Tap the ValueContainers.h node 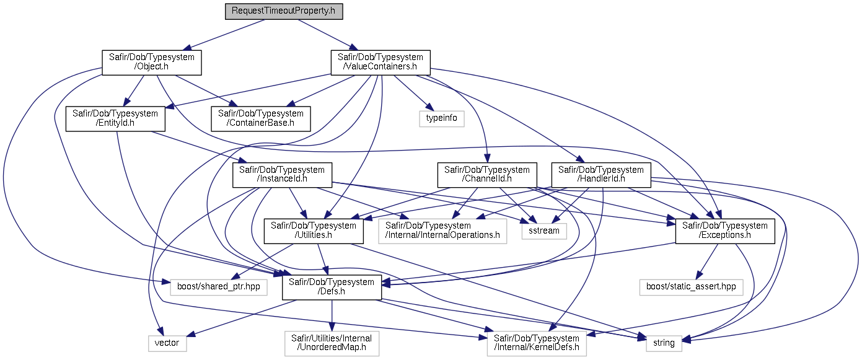coord(380,63)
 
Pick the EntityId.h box coord(115,118)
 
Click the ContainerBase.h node coord(260,118)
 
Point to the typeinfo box coord(442,118)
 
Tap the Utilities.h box coord(314,231)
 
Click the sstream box coord(544,230)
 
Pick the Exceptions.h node coord(725,231)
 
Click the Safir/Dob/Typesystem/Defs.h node coord(332,287)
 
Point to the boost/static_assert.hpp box coord(690,287)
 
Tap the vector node coord(167,343)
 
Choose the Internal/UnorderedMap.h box coord(332,343)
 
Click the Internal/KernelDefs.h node coord(536,343)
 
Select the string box coord(664,343)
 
